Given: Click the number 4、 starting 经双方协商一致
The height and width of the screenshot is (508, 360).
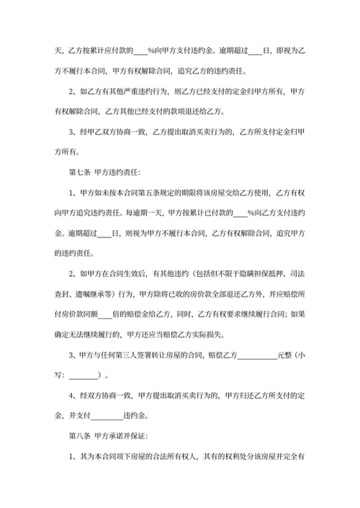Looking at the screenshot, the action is tap(72, 395).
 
